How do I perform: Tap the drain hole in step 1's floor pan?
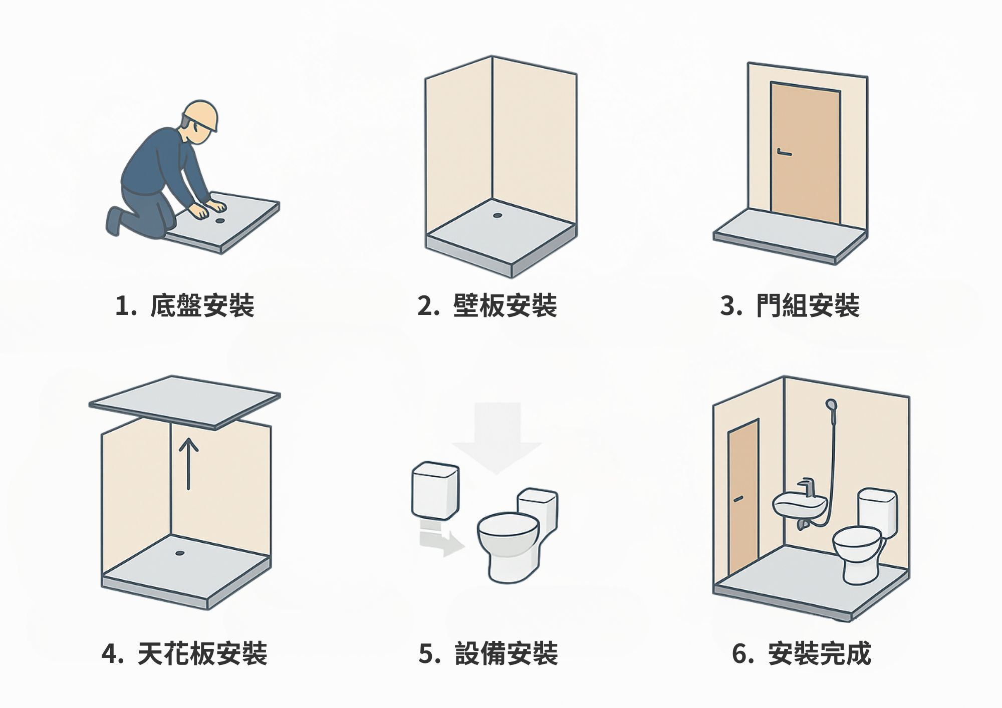[220, 220]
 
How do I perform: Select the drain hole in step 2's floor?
[497, 215]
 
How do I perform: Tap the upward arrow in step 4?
[188, 463]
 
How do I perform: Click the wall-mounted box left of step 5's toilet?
[435, 491]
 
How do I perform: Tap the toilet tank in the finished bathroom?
[877, 512]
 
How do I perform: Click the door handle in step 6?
[738, 499]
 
